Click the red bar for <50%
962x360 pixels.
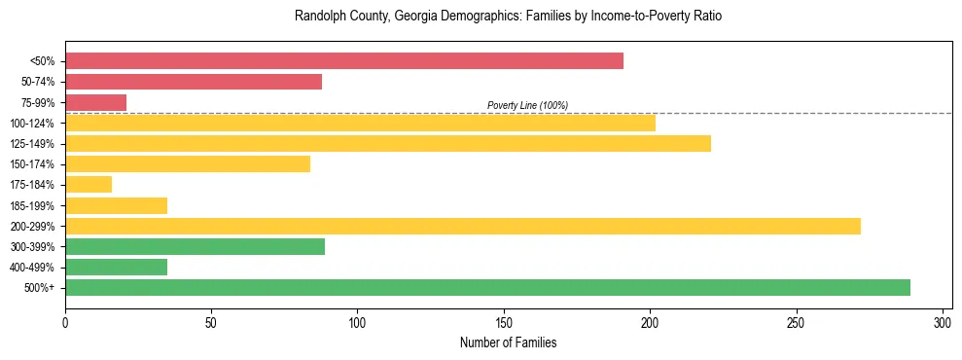[x=344, y=61]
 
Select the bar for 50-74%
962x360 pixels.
[x=194, y=82]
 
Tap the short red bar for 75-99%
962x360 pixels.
[x=95, y=102]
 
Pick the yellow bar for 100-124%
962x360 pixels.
[x=360, y=123]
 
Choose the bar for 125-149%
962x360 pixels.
[x=388, y=143]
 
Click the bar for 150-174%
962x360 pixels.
[x=188, y=163]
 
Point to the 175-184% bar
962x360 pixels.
[x=89, y=184]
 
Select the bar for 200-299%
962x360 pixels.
[x=463, y=226]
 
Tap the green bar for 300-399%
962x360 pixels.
[x=195, y=246]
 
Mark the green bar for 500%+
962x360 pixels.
[x=487, y=287]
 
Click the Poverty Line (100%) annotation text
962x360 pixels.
[x=527, y=105]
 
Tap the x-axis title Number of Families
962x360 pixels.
[x=509, y=342]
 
